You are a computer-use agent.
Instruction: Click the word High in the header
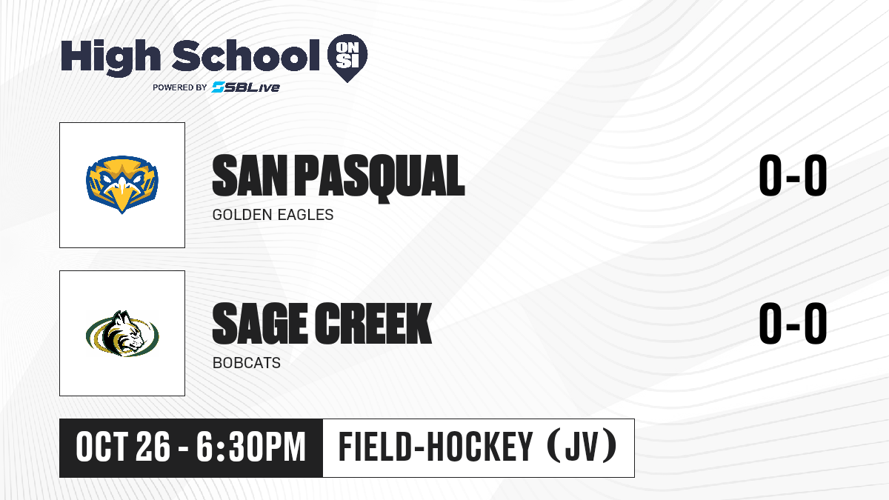(110, 57)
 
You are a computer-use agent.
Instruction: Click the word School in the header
(246, 56)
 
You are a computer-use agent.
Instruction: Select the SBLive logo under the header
(245, 87)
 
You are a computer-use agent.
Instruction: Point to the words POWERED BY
(180, 87)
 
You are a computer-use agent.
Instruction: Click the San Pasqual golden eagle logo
(122, 184)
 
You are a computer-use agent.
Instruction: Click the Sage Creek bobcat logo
(122, 333)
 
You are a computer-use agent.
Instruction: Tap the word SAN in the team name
(250, 176)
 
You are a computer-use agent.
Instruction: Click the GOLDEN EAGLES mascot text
(273, 215)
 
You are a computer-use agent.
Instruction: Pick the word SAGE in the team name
(260, 324)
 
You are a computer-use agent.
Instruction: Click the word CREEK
(373, 324)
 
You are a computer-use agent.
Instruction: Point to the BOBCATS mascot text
(247, 363)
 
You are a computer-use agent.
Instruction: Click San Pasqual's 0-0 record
(793, 176)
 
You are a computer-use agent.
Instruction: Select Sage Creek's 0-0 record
(793, 324)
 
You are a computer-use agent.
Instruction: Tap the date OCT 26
(123, 447)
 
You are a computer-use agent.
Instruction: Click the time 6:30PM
(251, 447)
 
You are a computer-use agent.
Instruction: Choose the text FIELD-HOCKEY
(436, 447)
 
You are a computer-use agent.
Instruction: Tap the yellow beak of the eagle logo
(122, 197)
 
